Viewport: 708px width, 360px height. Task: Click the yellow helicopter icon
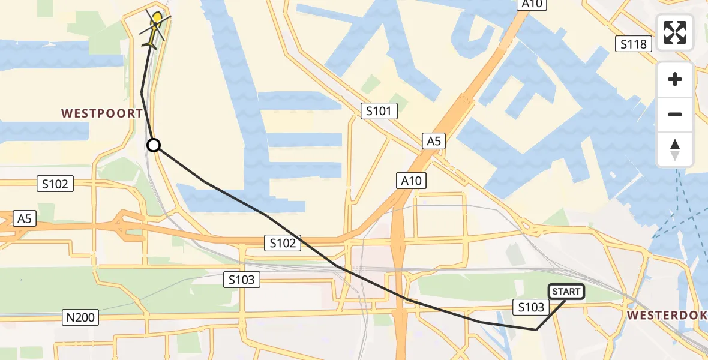154,29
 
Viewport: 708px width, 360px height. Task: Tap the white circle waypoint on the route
154,145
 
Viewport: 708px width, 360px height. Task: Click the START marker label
566,292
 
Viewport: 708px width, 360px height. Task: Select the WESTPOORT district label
102,113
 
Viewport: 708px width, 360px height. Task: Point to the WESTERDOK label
667,315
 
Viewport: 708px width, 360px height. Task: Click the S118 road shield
634,43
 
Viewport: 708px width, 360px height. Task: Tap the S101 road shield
379,110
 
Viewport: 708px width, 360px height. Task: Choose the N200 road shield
81,317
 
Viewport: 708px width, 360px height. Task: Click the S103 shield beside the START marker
532,307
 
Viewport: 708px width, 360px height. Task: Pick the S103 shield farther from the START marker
242,279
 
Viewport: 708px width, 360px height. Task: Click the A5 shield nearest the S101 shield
433,141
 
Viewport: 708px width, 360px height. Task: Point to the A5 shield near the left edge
23,218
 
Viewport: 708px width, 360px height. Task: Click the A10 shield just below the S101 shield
411,180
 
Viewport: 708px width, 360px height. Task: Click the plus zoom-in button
675,79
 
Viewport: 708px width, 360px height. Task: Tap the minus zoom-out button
675,114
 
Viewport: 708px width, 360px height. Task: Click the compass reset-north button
675,149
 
